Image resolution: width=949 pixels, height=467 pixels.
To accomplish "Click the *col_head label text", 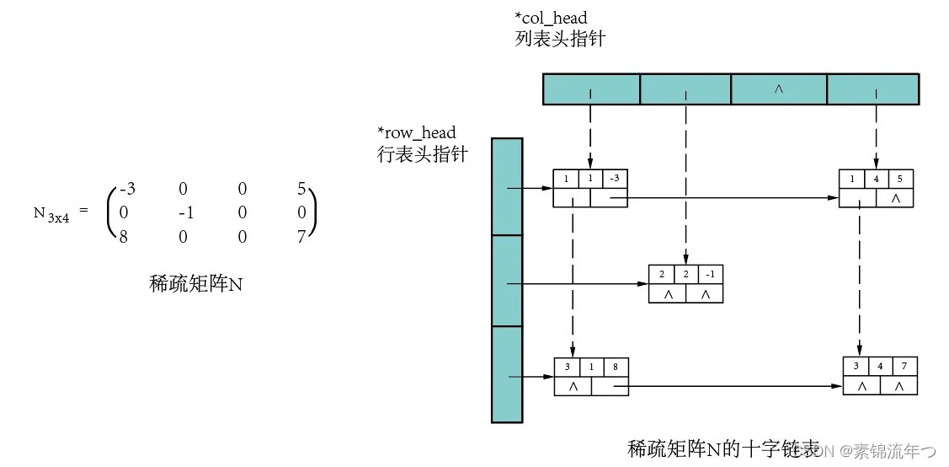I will click(x=551, y=18).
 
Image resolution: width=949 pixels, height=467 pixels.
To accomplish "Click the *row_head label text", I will click(x=417, y=133).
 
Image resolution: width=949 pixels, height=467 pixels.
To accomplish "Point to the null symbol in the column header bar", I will click(x=778, y=89).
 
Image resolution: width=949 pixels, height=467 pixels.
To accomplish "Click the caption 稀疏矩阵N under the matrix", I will click(x=195, y=284).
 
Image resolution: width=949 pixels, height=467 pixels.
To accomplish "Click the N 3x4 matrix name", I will click(x=51, y=214).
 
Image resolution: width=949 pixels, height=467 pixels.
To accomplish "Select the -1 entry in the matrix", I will click(x=186, y=214).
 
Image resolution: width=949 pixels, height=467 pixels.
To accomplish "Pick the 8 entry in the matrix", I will click(x=125, y=239).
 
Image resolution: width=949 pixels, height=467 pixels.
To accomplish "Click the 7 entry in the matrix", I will click(x=301, y=239).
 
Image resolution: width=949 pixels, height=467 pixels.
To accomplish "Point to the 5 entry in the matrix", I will click(x=301, y=190).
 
